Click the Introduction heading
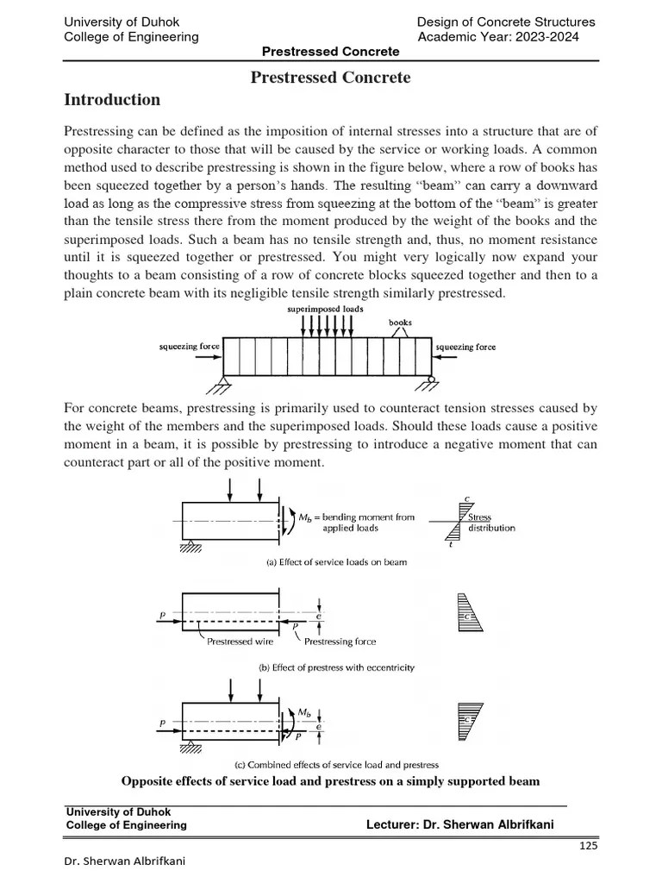coord(112,100)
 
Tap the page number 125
coord(588,846)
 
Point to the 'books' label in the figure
coord(400,323)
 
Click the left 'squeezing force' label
coord(188,347)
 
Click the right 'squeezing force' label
coord(466,347)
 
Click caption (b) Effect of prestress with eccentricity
coord(337,667)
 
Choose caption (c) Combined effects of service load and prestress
coord(337,764)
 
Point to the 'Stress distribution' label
coord(492,523)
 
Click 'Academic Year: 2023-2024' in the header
coord(498,37)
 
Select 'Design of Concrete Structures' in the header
coord(506,22)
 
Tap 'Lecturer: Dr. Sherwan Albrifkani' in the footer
coord(460,825)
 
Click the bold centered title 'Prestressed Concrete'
coord(330,78)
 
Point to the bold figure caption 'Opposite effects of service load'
coord(331,781)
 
